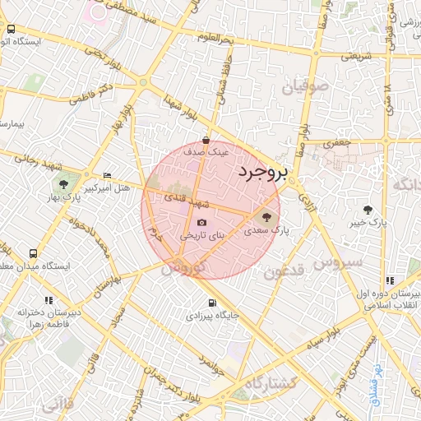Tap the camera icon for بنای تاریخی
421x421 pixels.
coord(202,223)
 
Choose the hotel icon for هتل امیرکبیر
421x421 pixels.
coord(108,176)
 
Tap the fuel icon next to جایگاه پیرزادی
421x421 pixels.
coord(213,302)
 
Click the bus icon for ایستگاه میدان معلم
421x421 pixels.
coord(33,254)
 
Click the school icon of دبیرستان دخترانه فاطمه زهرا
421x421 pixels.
coord(49,300)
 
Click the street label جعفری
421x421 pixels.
coord(336,142)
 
